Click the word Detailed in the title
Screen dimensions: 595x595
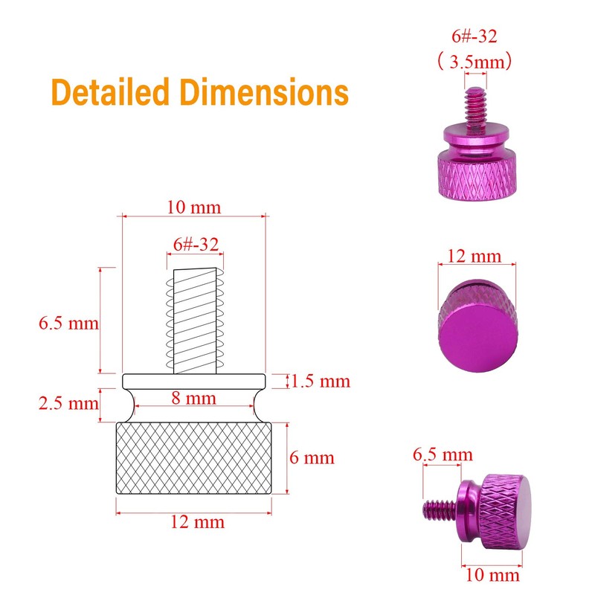click(x=110, y=91)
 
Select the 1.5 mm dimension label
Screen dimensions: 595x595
click(x=321, y=381)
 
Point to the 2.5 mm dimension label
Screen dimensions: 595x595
click(x=68, y=403)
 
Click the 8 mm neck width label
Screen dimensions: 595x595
click(x=194, y=398)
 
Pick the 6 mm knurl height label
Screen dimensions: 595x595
click(x=312, y=457)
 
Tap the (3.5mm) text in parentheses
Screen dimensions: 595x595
click(x=475, y=62)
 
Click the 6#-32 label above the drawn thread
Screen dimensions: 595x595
click(x=196, y=245)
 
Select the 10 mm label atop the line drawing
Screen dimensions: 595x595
click(x=194, y=208)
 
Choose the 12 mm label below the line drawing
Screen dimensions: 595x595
click(x=197, y=522)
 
